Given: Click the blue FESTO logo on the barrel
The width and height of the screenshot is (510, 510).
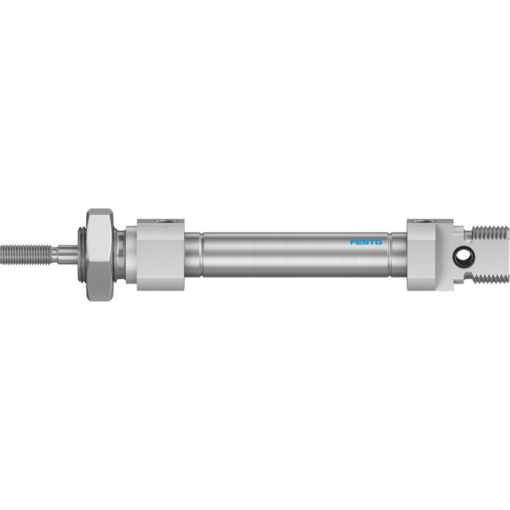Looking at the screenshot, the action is coord(366,242).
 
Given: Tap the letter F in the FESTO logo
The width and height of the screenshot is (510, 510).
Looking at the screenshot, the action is coord(353,242).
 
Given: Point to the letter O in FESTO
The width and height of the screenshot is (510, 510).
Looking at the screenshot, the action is coord(379,242).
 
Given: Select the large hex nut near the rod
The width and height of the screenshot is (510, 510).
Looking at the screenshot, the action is coord(100,254).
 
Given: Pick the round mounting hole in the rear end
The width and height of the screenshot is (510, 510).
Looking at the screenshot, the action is coord(461,256).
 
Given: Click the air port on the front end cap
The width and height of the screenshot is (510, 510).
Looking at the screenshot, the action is coord(164,221).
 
